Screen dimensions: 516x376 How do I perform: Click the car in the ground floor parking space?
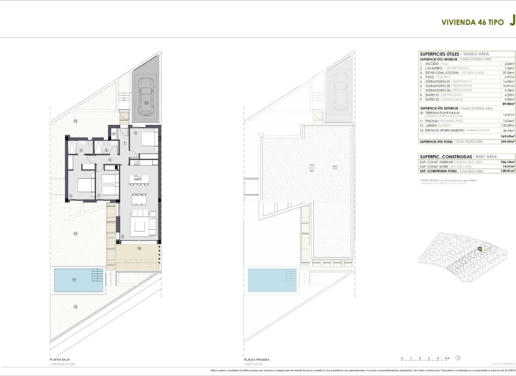point(146,97)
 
